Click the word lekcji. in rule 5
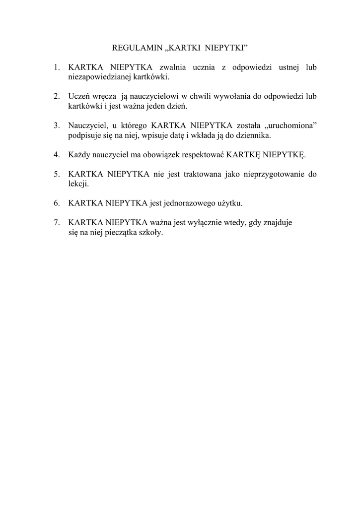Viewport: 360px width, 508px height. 78,184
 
